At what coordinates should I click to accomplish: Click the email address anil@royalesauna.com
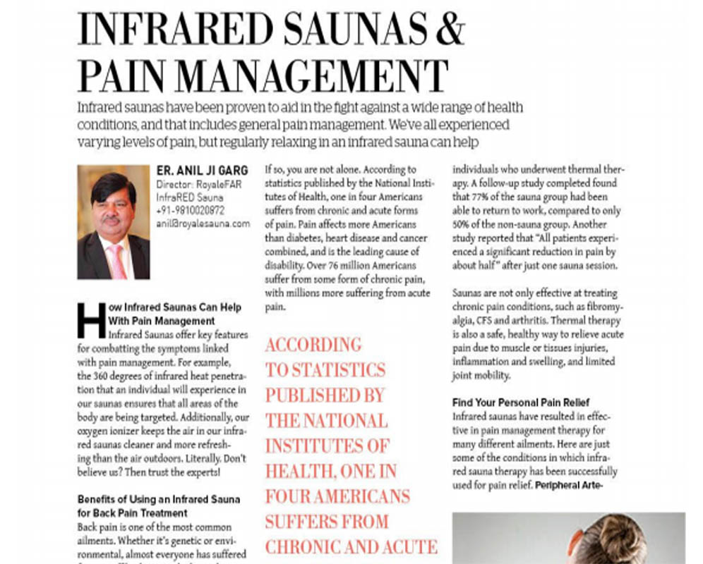point(203,223)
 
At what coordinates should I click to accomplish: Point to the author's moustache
point(111,220)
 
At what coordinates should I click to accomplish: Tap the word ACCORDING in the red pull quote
point(313,345)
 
